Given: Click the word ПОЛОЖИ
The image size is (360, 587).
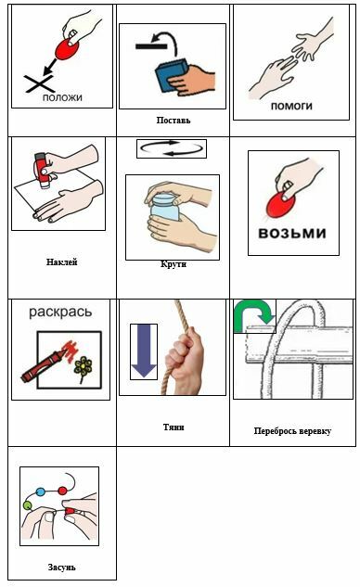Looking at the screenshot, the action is coord(62,97).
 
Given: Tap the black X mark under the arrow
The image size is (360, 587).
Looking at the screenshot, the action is coord(39,83).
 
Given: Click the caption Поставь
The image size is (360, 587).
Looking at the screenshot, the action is coord(174,121).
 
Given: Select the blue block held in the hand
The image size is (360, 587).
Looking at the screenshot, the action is coord(172,77).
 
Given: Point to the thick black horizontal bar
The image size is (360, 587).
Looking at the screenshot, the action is coord(151,46).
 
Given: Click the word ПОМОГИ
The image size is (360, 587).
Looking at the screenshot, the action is coord(291,107).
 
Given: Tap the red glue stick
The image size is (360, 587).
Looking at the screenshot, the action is coord(42,170).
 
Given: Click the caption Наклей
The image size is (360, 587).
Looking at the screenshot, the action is coord(62,262).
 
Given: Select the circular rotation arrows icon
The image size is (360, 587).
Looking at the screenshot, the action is coord(172,148).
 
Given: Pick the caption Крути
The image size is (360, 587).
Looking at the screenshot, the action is coord(174,264).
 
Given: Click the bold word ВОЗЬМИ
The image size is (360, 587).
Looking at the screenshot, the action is coord(292,233).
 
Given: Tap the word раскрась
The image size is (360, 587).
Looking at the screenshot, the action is coord(60,312).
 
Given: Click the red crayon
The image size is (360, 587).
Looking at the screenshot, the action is coord(42,365).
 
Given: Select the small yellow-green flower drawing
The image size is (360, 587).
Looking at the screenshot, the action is coord(83,368).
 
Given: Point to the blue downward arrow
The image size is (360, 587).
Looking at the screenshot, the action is coord(144,351).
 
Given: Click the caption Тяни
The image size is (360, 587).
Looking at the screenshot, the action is coord(174,427).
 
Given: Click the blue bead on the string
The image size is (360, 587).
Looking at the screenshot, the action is coord(41,491).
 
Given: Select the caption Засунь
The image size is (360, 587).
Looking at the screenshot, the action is coord(62,568).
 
